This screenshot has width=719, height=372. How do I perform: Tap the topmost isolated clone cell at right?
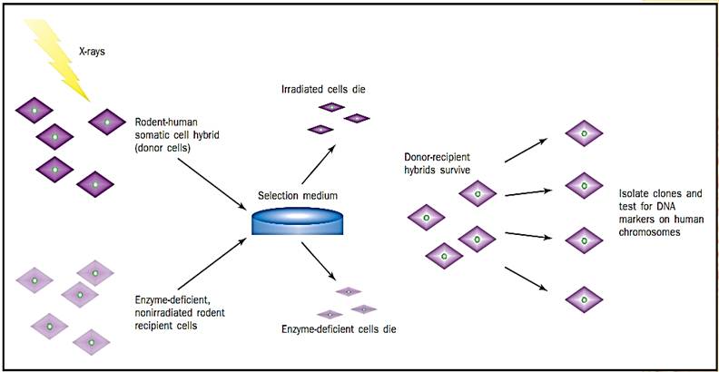[583, 134]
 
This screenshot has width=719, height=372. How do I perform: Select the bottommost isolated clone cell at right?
[583, 296]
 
